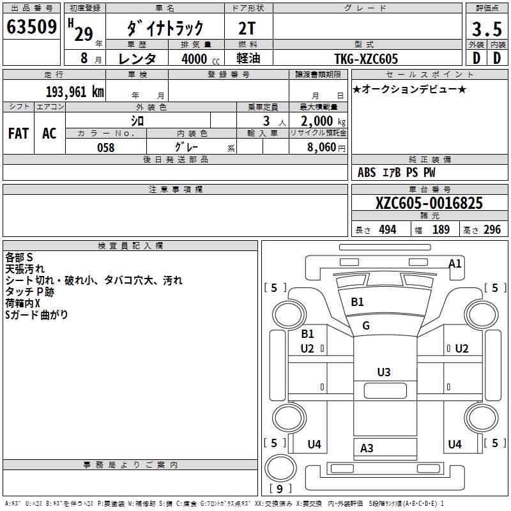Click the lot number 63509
coord(31,28)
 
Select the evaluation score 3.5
coord(486,29)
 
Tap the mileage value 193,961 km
coord(75,92)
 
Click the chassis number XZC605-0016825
coord(429,204)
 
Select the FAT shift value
coord(19,133)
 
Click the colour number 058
coord(106,148)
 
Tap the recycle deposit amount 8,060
coord(318,148)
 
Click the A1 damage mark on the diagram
coord(455,263)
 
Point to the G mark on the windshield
coord(366,326)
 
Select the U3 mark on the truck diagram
coord(383,372)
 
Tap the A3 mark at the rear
coord(367,448)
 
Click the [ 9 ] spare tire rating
coord(280,489)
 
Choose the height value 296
coord(491,230)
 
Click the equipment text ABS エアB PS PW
coord(396,172)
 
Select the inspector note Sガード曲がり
coord(36,315)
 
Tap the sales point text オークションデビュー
coord(409,89)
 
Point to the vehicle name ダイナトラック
coord(165,28)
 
